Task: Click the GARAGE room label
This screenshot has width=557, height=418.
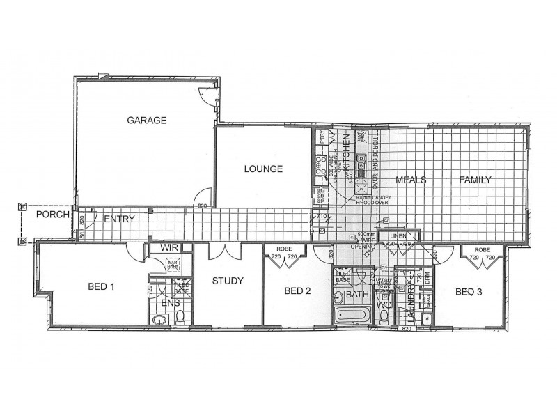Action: pos(146,121)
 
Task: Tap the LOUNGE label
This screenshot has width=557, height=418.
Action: pos(262,169)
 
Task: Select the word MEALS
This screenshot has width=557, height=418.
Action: pos(410,180)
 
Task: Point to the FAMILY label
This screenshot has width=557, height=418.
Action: pos(475,180)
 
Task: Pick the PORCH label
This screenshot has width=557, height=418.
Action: pos(52,215)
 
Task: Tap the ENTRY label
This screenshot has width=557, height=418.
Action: pos(118,220)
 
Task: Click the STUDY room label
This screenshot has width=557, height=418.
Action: pos(228,282)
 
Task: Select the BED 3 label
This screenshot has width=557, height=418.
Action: pos(469,292)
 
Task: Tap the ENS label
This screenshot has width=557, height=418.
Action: pos(170,304)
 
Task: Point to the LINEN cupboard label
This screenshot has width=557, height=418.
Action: pos(398,237)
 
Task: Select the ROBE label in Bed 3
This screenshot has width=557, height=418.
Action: pos(483,249)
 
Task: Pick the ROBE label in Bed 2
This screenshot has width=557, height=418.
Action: pos(283,249)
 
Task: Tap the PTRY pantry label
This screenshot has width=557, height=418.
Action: pos(322,138)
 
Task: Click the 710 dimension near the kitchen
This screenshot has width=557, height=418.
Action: pos(322,217)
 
